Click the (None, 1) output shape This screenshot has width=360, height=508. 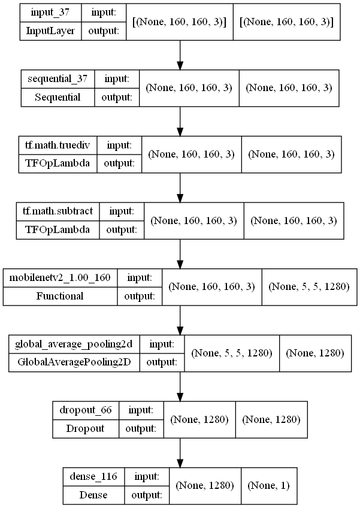click(x=268, y=486)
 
